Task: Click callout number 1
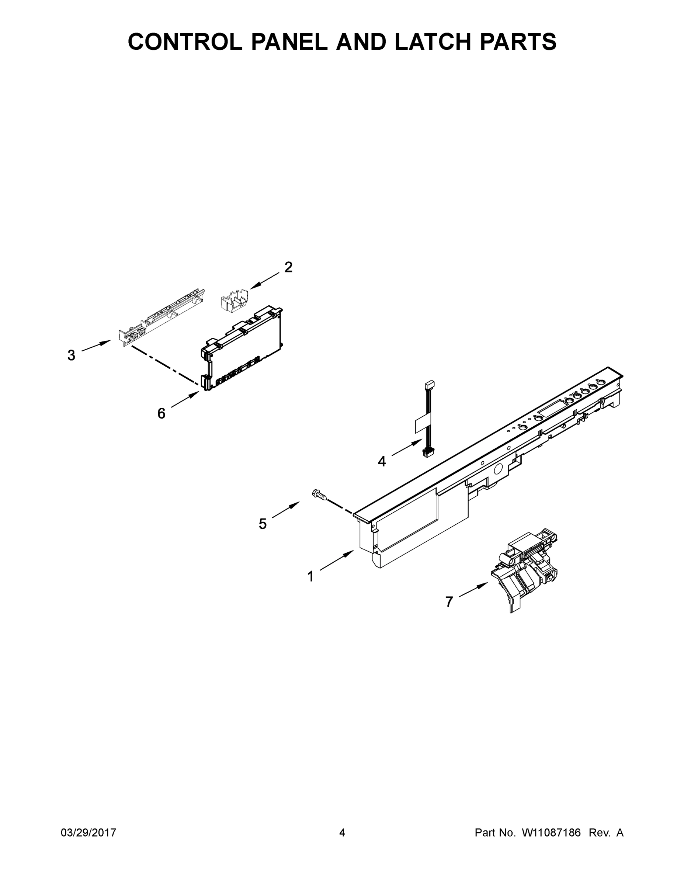click(310, 576)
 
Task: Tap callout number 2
click(288, 267)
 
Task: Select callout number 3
click(71, 355)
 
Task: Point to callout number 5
click(263, 524)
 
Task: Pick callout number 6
click(161, 413)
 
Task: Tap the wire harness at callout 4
click(427, 417)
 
